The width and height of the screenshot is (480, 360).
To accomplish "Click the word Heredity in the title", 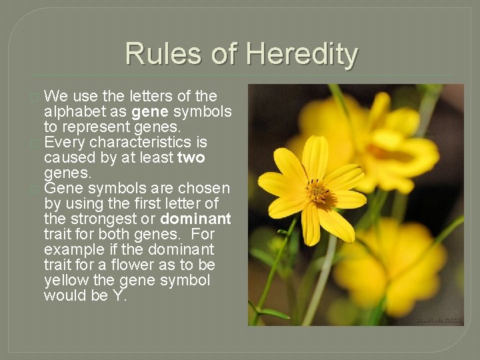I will click(302, 55).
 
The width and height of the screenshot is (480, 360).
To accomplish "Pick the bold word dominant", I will click(195, 219).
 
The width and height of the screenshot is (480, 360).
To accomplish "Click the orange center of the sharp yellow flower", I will click(318, 193).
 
